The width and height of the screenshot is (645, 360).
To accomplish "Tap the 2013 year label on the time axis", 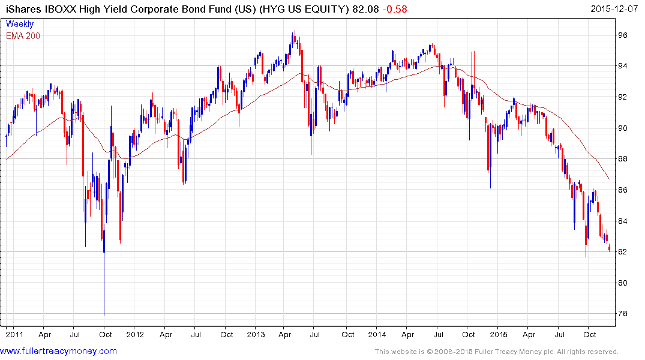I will [256, 334].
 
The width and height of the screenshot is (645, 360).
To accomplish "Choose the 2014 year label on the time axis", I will [377, 334].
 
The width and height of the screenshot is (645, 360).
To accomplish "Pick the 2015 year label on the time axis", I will [499, 334].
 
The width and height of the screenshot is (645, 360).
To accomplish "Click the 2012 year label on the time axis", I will [134, 334].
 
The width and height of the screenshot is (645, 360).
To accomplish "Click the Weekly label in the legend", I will [20, 25].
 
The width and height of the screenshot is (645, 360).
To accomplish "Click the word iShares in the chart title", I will [22, 9].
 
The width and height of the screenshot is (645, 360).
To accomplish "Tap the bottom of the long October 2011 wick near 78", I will [104, 313].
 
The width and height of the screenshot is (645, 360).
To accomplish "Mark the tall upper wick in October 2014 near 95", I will [473, 54].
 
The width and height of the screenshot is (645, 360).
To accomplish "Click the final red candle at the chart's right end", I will [609, 249].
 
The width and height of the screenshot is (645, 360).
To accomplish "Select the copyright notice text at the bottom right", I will [496, 352].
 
